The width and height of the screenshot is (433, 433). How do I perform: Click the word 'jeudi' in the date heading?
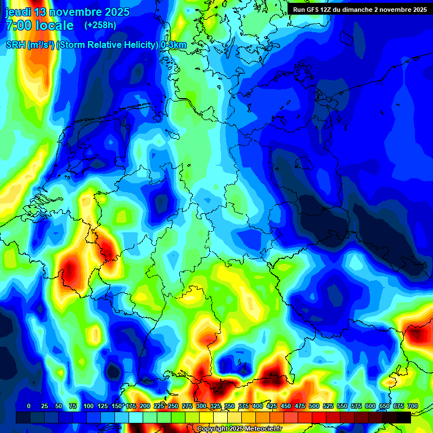pos(17,12)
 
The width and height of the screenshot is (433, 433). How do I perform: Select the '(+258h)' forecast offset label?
pos(100,25)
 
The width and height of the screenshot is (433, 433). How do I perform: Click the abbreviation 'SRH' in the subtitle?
pos(15,45)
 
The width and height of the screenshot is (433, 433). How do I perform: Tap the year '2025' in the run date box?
pos(417,9)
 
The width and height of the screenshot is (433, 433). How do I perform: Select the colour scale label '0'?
pos(29,406)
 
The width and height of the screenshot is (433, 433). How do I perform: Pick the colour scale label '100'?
pos(89,406)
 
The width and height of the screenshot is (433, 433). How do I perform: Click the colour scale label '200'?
pos(145,406)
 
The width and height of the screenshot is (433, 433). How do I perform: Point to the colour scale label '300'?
pos(201,406)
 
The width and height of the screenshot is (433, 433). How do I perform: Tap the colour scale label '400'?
pos(258,406)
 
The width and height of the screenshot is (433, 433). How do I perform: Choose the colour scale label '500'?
pos(314,406)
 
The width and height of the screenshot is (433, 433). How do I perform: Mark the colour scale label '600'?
pos(370,406)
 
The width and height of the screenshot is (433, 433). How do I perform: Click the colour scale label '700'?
pos(413,406)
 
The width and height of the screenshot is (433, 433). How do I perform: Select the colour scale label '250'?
pos(173,406)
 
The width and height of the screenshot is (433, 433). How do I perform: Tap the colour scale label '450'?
pos(286,406)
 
